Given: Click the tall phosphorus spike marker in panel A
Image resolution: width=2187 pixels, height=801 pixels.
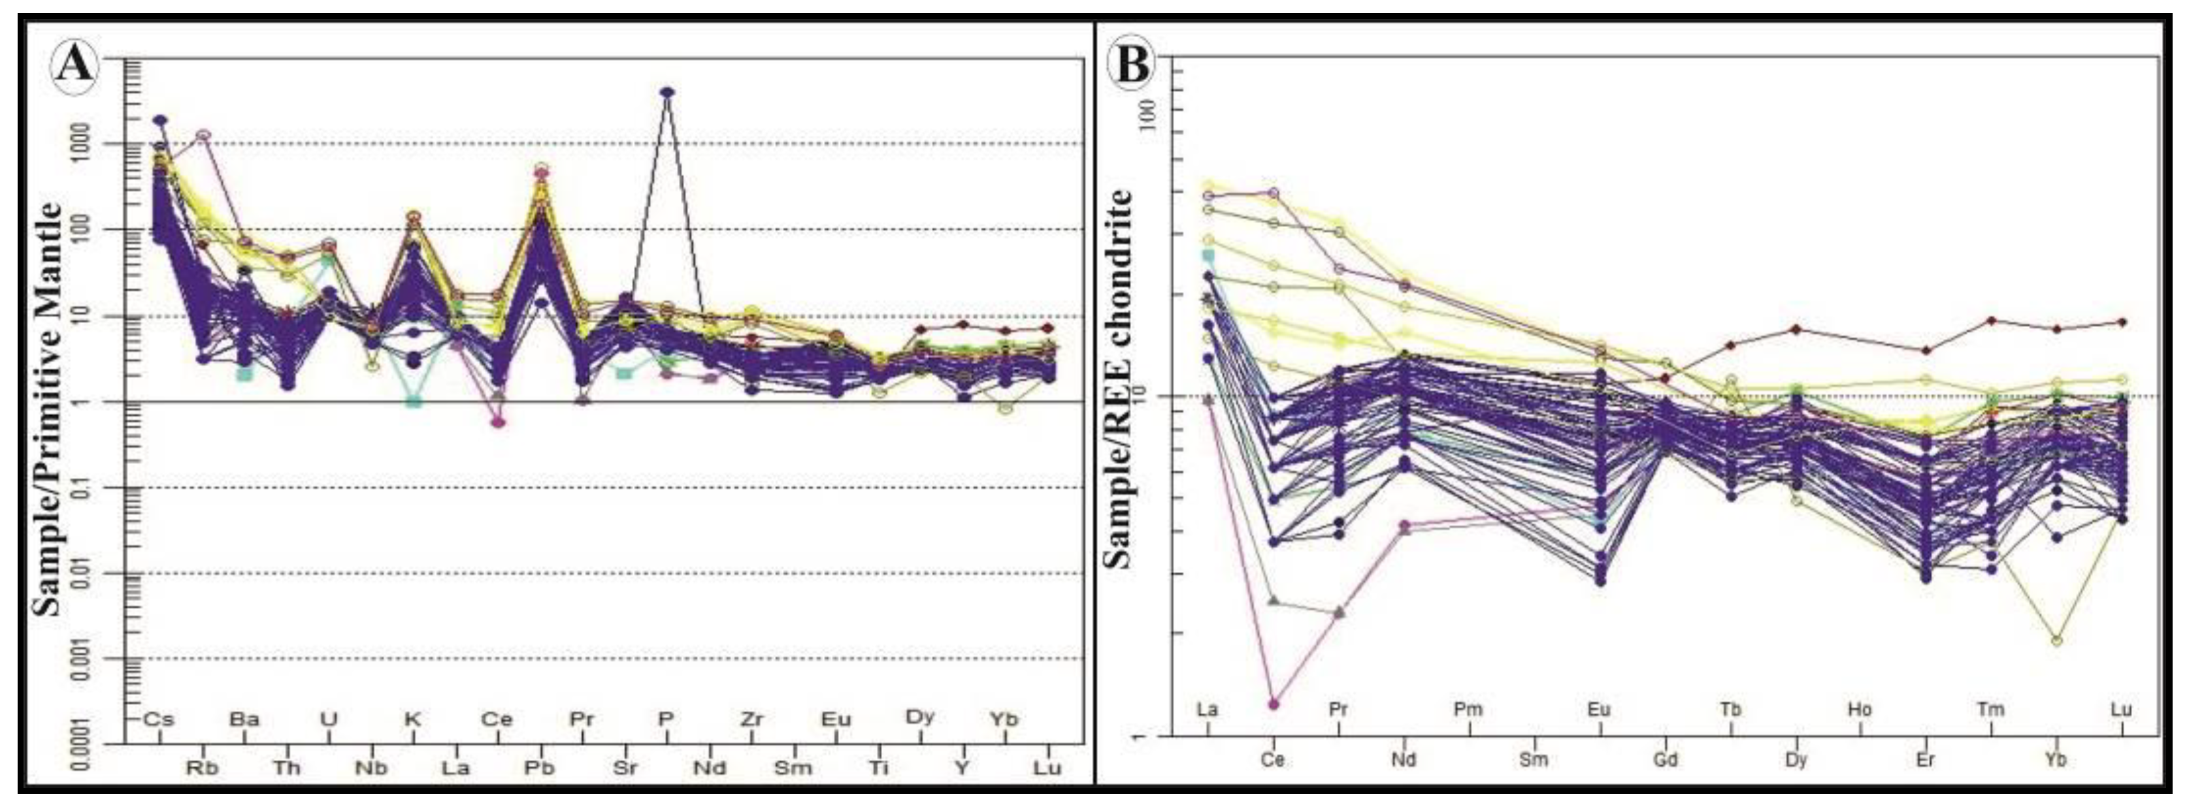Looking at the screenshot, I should [667, 91].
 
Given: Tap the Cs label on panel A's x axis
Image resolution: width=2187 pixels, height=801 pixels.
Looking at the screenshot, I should [158, 719].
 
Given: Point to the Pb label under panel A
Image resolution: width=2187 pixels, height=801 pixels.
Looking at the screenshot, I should [539, 768].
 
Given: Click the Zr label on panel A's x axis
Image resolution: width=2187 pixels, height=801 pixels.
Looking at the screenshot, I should [751, 719].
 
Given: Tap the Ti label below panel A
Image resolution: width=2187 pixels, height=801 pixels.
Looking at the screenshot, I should [879, 768].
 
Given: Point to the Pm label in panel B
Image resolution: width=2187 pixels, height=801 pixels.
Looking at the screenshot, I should [1469, 710].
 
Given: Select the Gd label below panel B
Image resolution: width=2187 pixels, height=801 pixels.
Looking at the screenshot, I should [1665, 759].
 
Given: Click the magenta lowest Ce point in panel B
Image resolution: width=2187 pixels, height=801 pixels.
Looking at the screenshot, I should [1274, 704].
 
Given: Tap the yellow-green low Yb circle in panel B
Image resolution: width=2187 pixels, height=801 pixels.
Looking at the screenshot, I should [2056, 663].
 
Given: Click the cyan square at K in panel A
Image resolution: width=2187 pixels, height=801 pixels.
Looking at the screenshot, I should [414, 401].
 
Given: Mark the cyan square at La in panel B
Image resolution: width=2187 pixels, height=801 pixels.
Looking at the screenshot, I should [1208, 255].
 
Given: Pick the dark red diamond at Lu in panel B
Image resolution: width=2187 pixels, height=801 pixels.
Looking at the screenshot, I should [2122, 322].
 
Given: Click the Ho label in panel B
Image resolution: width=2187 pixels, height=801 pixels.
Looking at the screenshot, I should [1859, 710].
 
